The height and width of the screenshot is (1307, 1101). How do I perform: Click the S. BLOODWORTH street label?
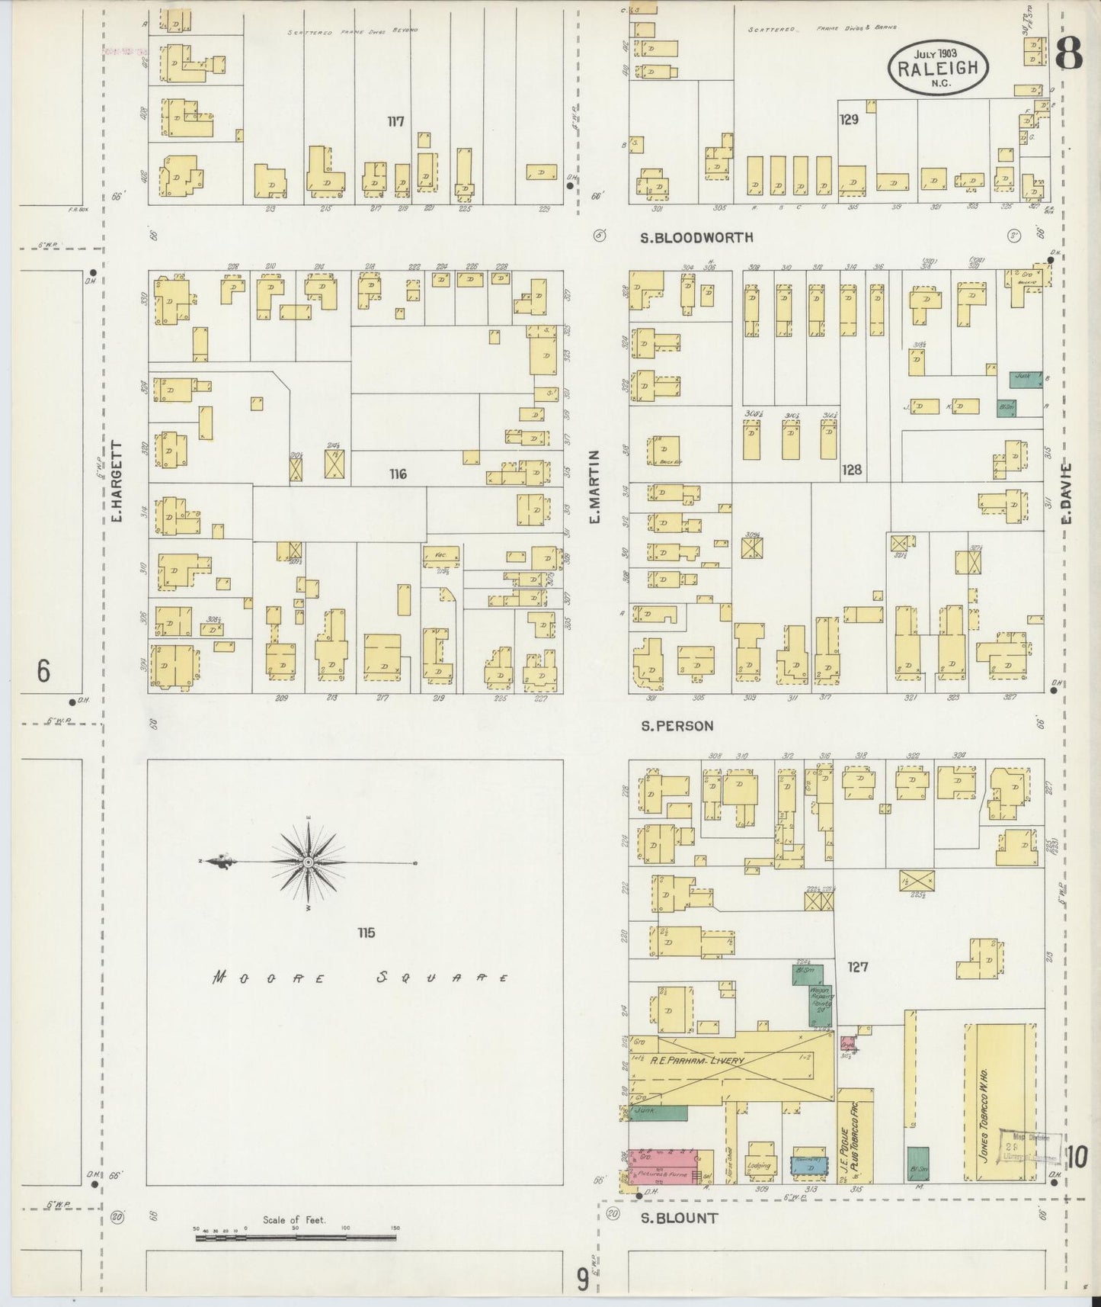click(x=696, y=238)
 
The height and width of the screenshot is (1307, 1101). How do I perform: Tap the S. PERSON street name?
click(x=677, y=726)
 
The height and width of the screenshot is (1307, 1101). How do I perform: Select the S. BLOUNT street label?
click(x=678, y=1219)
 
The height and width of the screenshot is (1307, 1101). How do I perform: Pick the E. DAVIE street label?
click(x=1067, y=493)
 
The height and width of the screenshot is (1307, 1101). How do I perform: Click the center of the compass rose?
click(x=308, y=862)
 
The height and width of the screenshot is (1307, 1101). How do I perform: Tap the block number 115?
click(x=366, y=933)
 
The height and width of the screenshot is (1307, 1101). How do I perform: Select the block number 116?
click(x=397, y=474)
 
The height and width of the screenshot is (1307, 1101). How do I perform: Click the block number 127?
click(x=858, y=968)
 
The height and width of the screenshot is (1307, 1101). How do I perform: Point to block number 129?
click(x=849, y=120)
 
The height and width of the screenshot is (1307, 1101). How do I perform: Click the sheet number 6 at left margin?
click(x=43, y=672)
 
